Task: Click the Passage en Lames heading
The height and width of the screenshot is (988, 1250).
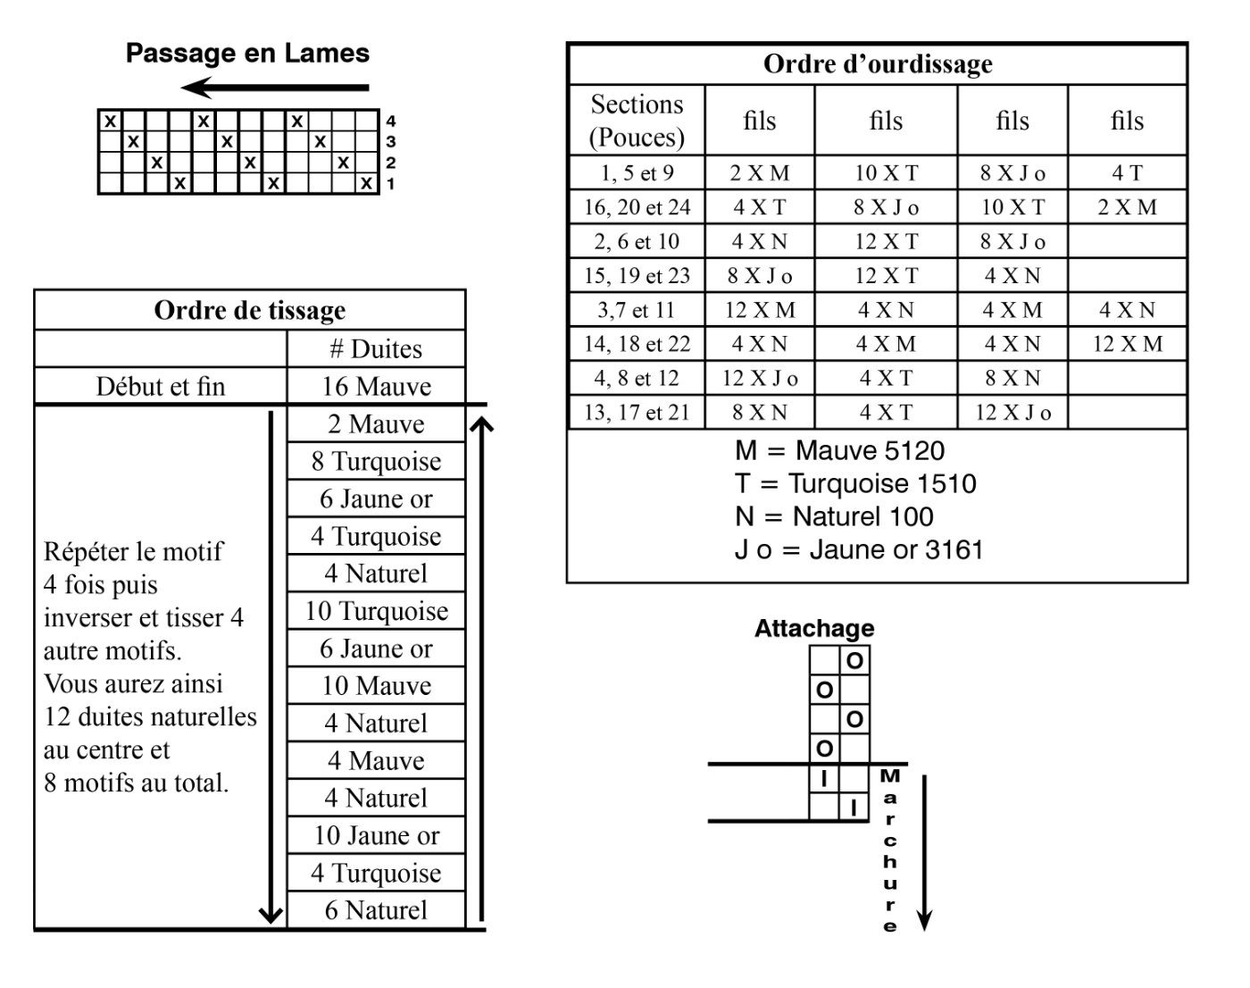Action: [247, 54]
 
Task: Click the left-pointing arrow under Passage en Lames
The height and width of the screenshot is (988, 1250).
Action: [274, 88]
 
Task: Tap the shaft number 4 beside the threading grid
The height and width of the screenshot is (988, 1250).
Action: [391, 121]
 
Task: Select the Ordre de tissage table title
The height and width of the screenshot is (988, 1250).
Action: [249, 311]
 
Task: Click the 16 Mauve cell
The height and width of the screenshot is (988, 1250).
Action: [376, 387]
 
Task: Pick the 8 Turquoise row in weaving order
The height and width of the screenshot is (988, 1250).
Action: [376, 462]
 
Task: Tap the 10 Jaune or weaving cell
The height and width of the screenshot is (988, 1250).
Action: [376, 836]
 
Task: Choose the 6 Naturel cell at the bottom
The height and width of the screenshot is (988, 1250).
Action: [376, 910]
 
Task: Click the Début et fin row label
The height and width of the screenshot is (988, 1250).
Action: [161, 387]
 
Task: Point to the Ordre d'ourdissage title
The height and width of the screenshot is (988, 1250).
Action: [877, 64]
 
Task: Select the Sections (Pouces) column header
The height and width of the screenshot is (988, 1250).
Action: [637, 121]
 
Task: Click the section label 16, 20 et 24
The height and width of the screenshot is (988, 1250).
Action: [637, 207]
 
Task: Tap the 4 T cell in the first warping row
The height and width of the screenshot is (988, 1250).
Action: [1127, 173]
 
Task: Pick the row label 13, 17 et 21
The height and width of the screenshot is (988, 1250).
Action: [637, 413]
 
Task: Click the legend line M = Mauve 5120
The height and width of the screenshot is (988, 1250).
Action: [839, 450]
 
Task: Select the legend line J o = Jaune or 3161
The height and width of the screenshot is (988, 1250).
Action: [858, 549]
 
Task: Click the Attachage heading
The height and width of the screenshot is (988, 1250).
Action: [814, 629]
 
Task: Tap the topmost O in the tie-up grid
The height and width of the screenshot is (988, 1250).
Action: [854, 661]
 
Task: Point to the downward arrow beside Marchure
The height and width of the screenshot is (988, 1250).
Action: [925, 853]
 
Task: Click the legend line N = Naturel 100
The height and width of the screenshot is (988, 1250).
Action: [834, 516]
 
